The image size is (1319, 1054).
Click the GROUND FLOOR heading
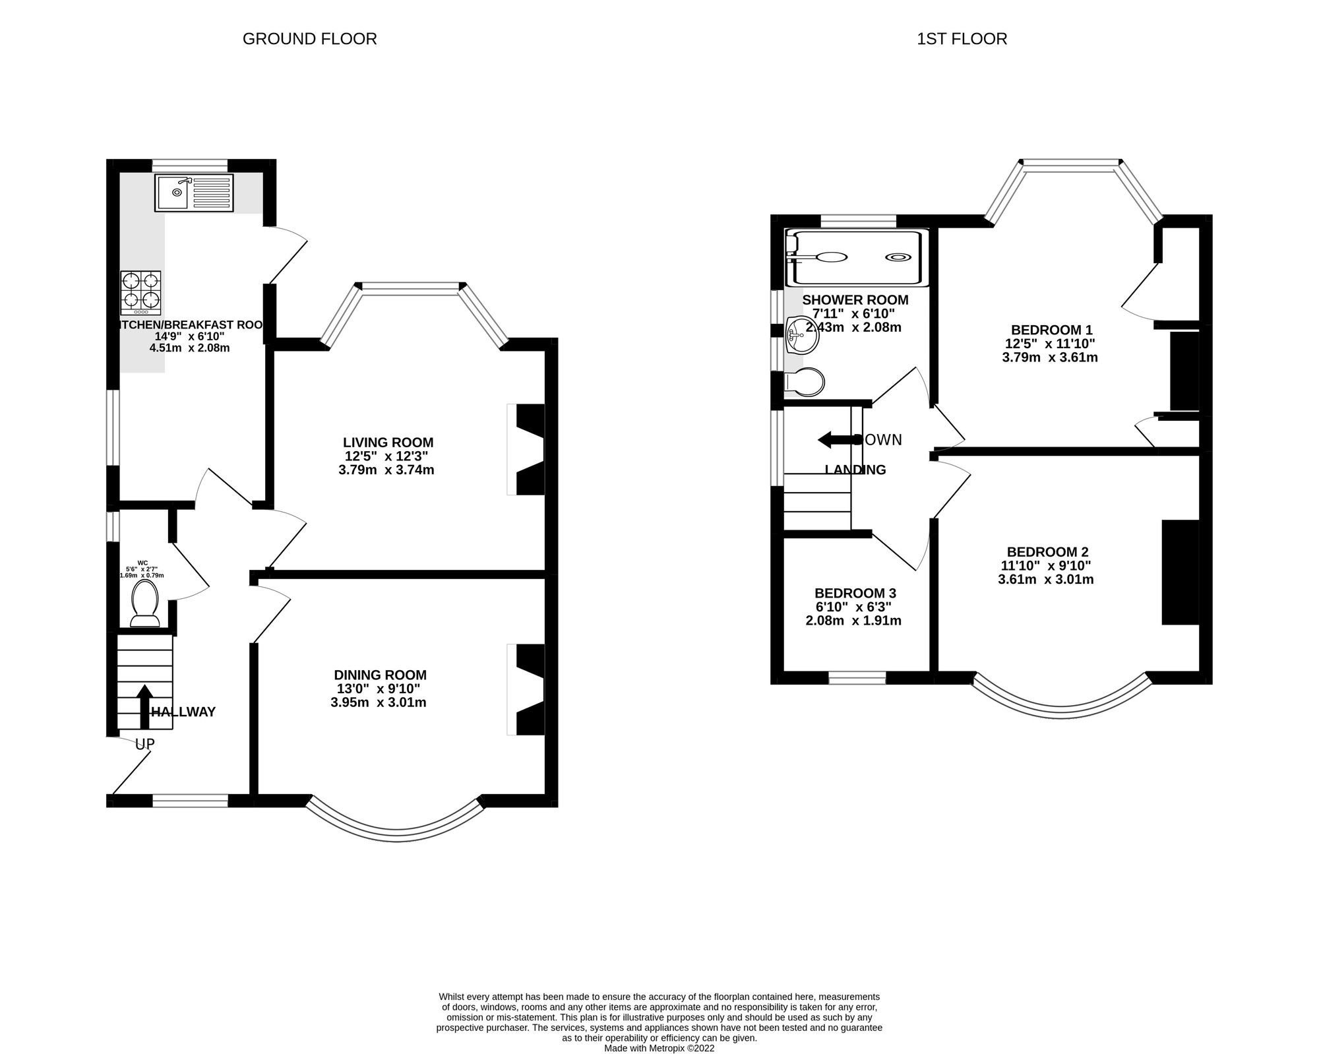[309, 39]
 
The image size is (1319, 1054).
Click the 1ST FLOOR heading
[962, 39]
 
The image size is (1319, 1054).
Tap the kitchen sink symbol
[194, 193]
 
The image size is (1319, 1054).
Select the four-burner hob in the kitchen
[140, 292]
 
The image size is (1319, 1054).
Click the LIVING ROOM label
[388, 443]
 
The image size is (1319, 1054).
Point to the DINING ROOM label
[380, 675]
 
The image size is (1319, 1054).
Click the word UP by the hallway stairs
[144, 744]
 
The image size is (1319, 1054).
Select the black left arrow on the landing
[834, 440]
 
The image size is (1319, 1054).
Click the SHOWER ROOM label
[855, 300]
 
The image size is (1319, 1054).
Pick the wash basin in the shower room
[802, 334]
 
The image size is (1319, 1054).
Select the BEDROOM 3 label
[855, 593]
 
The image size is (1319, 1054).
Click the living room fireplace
[528, 449]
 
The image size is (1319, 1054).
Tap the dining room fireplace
[528, 689]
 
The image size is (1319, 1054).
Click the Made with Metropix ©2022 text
[659, 1047]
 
